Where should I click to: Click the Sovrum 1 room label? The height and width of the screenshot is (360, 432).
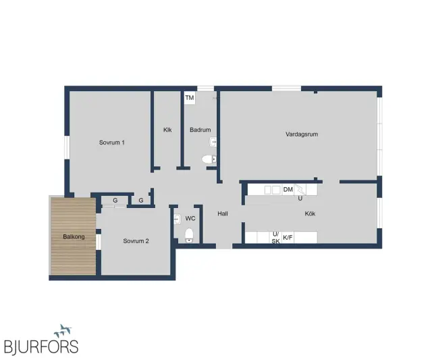112,143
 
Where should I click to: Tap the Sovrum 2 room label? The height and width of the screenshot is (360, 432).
136,241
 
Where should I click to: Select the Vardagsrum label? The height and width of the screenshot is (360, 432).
302,134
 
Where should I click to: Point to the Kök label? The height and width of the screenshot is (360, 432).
310,213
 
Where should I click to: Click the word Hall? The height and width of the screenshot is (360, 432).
223,213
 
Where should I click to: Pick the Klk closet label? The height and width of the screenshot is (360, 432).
167,130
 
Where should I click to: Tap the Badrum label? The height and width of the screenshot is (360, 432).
200,130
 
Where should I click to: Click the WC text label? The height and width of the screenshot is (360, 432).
190,219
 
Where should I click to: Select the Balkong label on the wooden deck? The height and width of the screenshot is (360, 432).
74,237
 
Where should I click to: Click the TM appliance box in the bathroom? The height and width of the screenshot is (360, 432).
190,98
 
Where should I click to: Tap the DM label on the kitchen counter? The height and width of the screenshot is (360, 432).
288,189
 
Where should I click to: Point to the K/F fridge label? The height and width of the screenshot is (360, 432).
288,237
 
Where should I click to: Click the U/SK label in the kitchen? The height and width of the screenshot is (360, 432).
276,238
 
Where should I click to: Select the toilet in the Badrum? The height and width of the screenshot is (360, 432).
209,159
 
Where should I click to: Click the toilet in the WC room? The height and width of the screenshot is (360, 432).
189,235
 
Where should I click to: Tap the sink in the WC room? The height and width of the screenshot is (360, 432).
178,220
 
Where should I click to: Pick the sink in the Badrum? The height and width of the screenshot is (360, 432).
213,143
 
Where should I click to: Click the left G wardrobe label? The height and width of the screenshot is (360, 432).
115,201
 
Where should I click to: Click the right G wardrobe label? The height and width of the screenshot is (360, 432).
141,201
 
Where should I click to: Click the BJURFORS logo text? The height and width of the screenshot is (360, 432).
41,346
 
